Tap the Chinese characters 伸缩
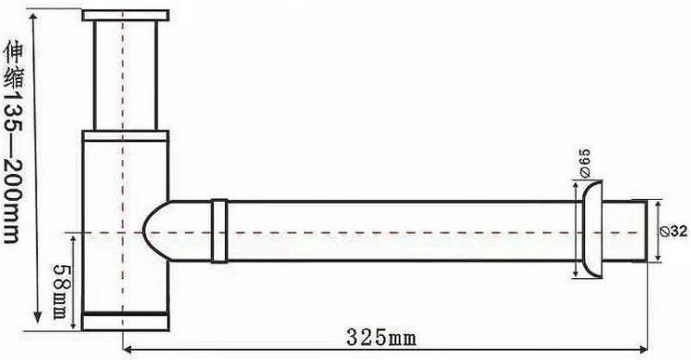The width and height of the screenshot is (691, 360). tap(11, 61)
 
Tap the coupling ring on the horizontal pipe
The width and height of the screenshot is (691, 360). tap(219, 230)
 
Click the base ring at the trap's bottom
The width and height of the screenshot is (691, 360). tap(124, 320)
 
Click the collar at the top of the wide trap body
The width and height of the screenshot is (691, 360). tap(124, 134)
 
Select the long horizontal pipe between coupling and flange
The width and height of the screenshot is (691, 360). tap(396, 230)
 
